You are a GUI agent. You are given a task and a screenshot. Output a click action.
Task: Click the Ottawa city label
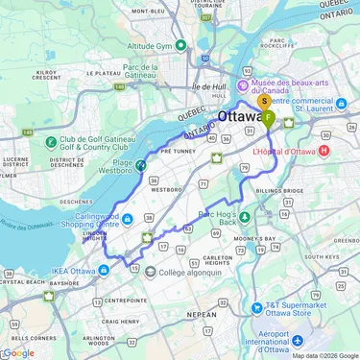(x=241, y=116)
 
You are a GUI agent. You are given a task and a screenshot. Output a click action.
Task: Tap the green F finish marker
(x=269, y=117)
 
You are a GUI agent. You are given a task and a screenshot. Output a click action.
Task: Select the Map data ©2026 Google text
(x=324, y=355)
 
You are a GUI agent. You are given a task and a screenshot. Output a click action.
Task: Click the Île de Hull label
(x=207, y=88)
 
